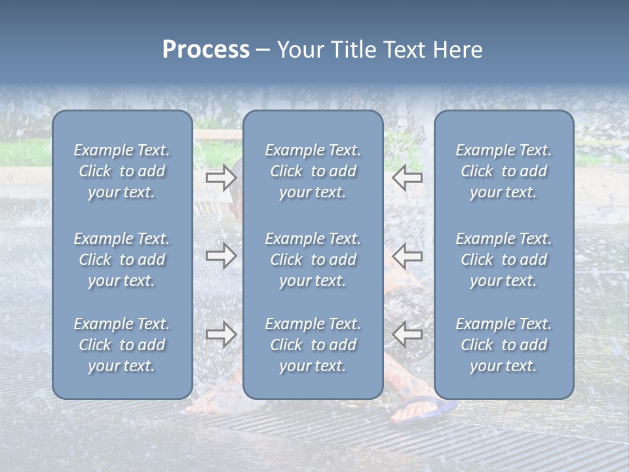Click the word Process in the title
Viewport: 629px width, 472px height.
(x=206, y=50)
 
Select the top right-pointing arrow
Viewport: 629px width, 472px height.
(x=221, y=178)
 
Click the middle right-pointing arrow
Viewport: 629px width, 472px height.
(x=221, y=255)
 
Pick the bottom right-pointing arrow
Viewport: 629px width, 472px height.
(x=221, y=334)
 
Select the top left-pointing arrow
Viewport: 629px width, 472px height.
(x=408, y=178)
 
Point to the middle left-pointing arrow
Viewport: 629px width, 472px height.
(x=408, y=255)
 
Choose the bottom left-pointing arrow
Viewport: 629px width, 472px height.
(x=408, y=334)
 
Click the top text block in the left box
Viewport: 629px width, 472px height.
(x=122, y=171)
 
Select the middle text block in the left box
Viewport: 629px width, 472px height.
(x=122, y=260)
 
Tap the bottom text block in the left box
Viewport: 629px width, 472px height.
(x=122, y=345)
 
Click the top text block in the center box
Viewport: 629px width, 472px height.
(x=313, y=171)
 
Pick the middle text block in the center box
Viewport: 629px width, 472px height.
(x=313, y=260)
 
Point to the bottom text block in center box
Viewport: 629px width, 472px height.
(x=313, y=345)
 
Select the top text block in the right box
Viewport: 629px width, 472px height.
(x=503, y=171)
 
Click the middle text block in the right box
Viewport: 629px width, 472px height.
(x=503, y=260)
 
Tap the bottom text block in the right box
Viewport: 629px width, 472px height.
(x=503, y=345)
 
